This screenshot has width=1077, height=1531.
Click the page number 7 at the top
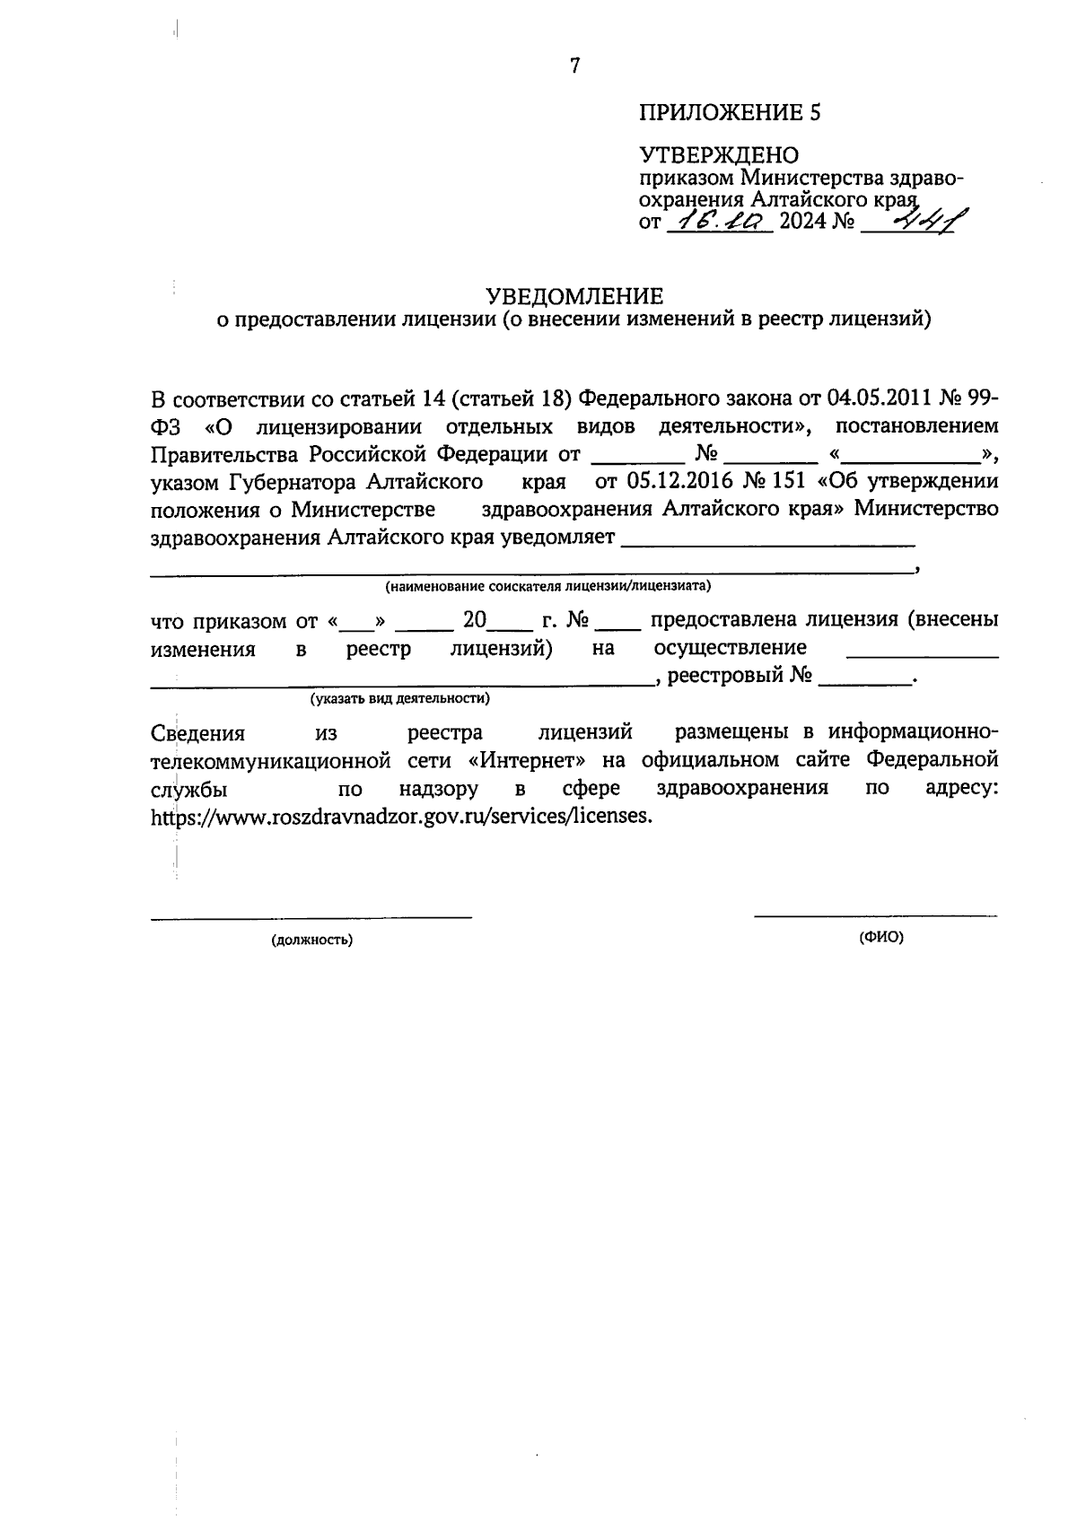[x=575, y=66]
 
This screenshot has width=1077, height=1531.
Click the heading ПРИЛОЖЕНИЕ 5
[x=729, y=113]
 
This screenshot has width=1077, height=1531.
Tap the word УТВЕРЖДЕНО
[x=718, y=156]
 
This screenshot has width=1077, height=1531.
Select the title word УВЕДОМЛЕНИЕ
[x=574, y=296]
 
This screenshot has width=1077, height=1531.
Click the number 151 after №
[x=788, y=481]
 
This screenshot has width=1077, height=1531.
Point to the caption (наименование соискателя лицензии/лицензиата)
[x=547, y=587]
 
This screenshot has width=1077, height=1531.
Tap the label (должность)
[x=311, y=940]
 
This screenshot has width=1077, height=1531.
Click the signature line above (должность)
[x=311, y=917]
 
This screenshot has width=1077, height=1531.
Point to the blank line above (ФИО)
[x=875, y=916]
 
